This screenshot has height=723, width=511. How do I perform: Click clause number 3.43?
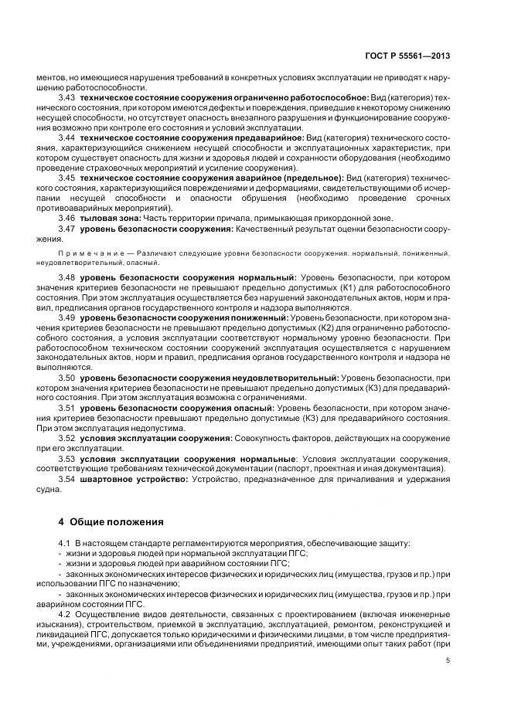click(66, 98)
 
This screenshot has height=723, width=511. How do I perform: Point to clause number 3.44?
click(66, 137)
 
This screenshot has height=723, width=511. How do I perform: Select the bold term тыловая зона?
click(106, 219)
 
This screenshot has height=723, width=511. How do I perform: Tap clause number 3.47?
click(66, 230)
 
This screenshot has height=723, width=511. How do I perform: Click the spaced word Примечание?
click(82, 253)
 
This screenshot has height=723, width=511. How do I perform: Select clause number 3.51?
click(66, 407)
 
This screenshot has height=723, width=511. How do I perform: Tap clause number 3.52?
click(66, 438)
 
